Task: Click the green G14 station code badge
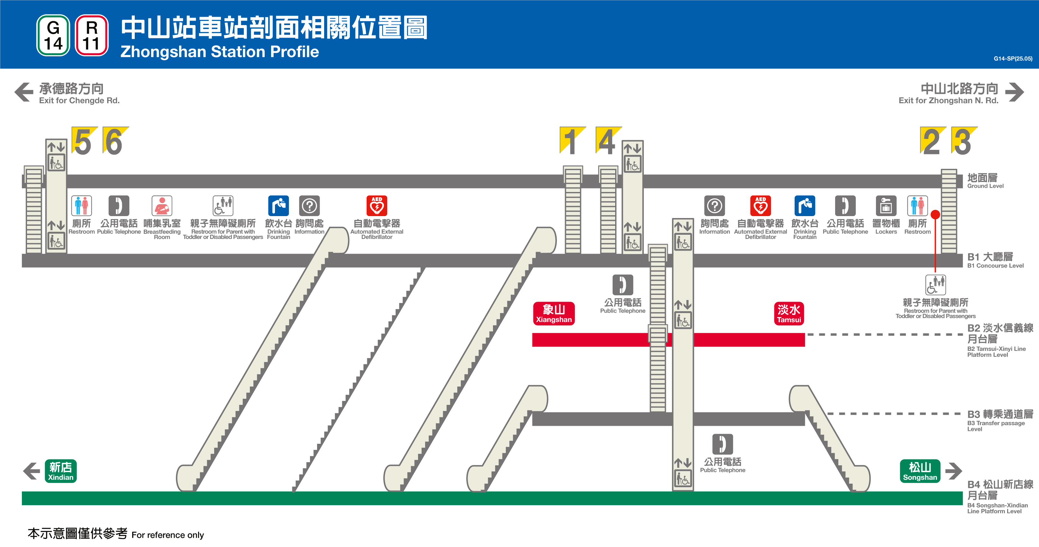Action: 53,35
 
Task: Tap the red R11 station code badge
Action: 92,35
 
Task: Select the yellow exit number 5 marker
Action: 84,141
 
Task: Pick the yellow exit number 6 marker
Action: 115,141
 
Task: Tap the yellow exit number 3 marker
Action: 963,141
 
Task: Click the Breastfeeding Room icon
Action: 162,206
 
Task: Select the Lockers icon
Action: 886,206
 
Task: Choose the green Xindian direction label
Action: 61,471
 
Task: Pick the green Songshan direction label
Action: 920,471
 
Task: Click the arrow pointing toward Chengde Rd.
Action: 24,92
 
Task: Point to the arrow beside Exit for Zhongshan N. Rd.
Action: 1014,92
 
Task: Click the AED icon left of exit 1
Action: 377,206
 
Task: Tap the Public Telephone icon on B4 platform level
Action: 722,444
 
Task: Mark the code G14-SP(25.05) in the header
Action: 1013,59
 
